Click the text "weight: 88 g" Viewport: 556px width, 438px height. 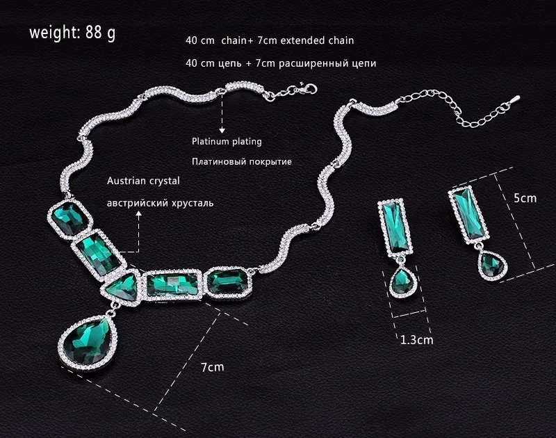tap(72, 33)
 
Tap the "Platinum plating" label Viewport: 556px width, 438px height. tap(227, 141)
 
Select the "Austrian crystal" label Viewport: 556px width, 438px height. tap(143, 181)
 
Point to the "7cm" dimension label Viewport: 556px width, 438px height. tap(213, 366)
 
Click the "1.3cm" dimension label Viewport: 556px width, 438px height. tap(416, 340)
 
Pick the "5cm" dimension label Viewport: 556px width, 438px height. tap(525, 197)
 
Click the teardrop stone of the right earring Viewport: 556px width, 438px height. tap(492, 265)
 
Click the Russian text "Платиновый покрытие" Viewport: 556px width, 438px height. tap(241, 161)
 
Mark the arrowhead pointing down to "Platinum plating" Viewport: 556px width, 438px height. tap(222, 129)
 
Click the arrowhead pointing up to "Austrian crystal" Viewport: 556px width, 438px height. tap(138, 216)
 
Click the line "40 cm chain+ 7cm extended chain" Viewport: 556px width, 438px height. tap(274, 41)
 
